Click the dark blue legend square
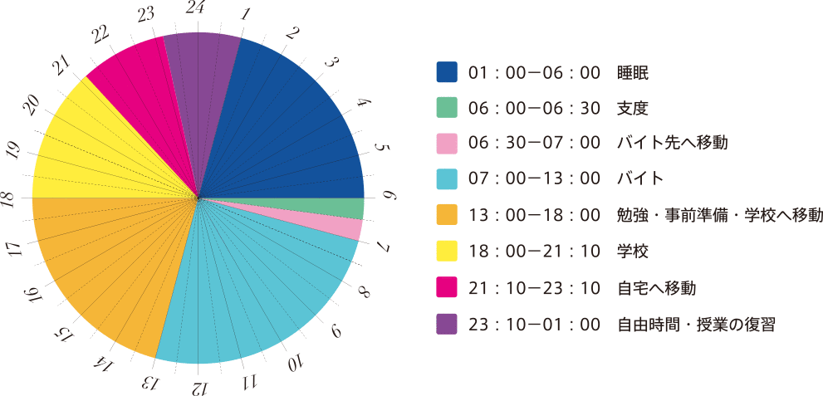pyautogui.click(x=447, y=72)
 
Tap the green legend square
pyautogui.click(x=447, y=108)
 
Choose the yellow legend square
pyautogui.click(x=447, y=252)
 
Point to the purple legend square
pyautogui.click(x=447, y=325)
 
